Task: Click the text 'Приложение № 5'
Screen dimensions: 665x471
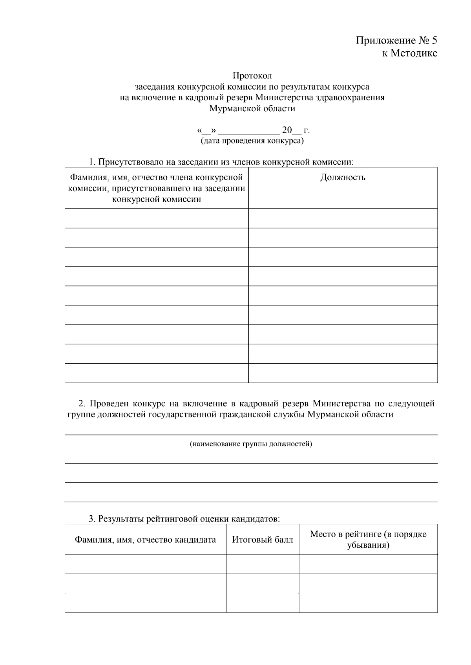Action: pos(396,40)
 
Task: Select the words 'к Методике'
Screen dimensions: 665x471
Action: pos(409,53)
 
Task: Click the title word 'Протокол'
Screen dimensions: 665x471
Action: pos(252,75)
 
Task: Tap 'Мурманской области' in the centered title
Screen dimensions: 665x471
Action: pos(252,109)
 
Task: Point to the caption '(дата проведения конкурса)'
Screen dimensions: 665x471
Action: pos(252,141)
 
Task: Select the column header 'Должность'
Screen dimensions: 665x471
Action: pos(343,178)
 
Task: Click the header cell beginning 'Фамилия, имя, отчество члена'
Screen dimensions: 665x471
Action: pos(156,188)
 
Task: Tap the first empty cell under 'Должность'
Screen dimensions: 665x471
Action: pos(343,218)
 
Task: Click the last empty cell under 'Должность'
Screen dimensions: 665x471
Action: pos(343,373)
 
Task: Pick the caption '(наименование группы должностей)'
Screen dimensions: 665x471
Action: pos(251,444)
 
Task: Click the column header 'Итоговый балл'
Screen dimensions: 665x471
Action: pos(262,540)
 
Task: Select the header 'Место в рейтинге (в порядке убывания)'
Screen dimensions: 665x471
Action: pos(368,540)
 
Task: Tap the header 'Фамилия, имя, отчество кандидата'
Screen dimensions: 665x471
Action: pos(145,540)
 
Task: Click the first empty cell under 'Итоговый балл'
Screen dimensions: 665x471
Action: pos(262,564)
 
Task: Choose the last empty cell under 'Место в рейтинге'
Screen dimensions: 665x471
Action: pos(368,603)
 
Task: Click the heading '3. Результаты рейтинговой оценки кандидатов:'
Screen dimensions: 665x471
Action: pos(184,519)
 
